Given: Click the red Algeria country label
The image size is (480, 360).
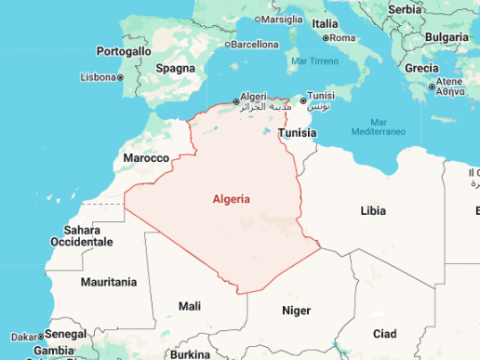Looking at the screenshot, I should pyautogui.click(x=231, y=199).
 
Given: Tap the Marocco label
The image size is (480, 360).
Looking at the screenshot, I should pyautogui.click(x=144, y=159).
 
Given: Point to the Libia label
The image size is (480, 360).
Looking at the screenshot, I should pyautogui.click(x=372, y=211).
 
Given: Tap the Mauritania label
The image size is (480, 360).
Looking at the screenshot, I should pyautogui.click(x=108, y=282).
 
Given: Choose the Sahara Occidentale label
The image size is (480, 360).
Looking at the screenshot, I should pyautogui.click(x=82, y=236).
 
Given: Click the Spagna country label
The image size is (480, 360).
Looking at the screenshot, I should pyautogui.click(x=175, y=68).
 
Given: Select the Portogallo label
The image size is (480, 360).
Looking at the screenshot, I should pyautogui.click(x=124, y=51).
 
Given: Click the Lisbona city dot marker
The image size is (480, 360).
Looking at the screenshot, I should pyautogui.click(x=120, y=77).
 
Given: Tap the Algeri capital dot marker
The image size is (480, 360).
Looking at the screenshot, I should pyautogui.click(x=236, y=100).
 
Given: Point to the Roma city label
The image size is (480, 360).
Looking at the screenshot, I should pyautogui.click(x=342, y=38).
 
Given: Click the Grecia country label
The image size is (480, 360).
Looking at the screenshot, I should pyautogui.click(x=421, y=68).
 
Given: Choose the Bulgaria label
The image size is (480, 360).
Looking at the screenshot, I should pyautogui.click(x=446, y=37).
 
